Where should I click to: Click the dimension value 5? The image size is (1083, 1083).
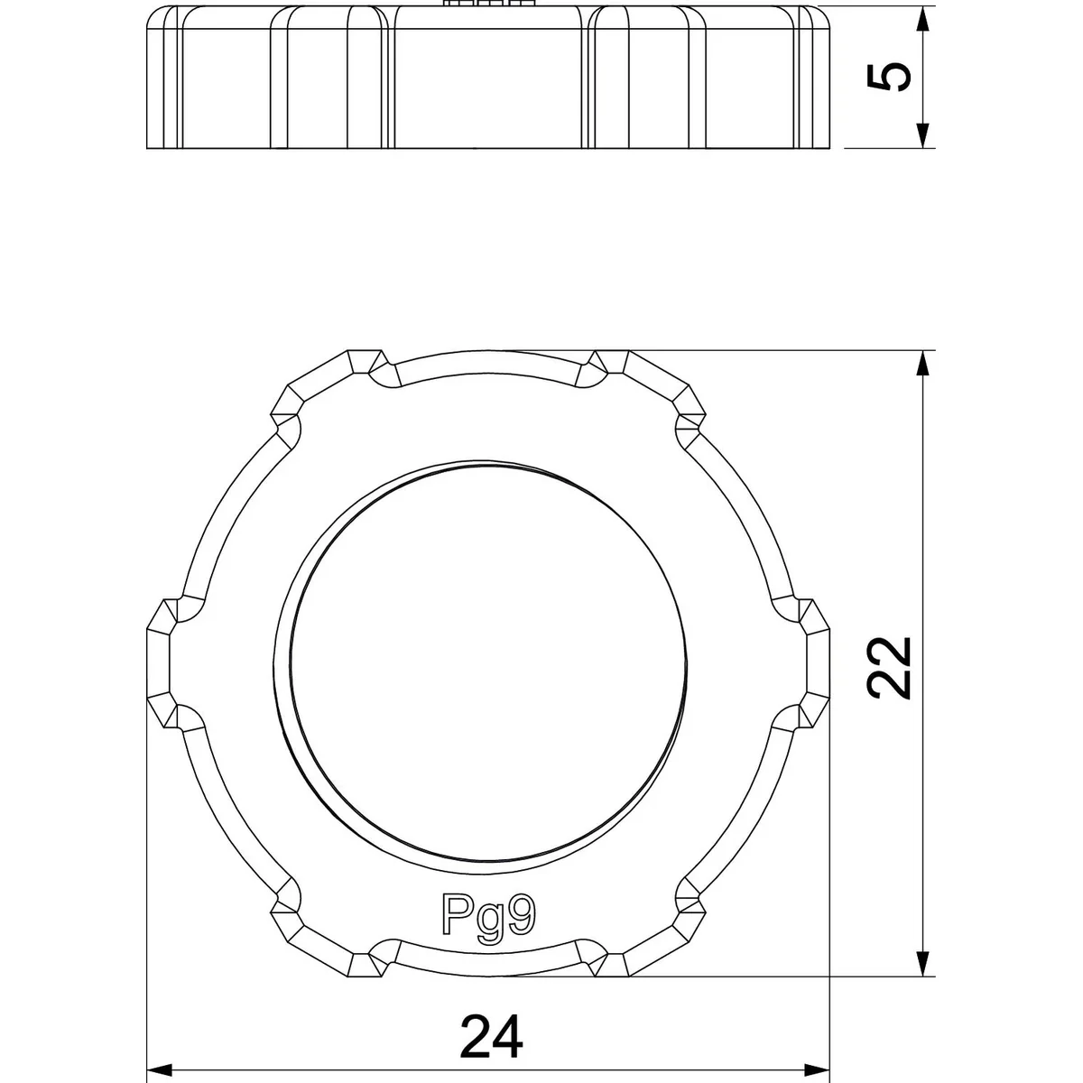pyautogui.click(x=889, y=77)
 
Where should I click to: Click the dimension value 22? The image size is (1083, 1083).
pyautogui.click(x=889, y=668)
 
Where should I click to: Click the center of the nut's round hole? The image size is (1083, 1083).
pyautogui.click(x=488, y=663)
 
